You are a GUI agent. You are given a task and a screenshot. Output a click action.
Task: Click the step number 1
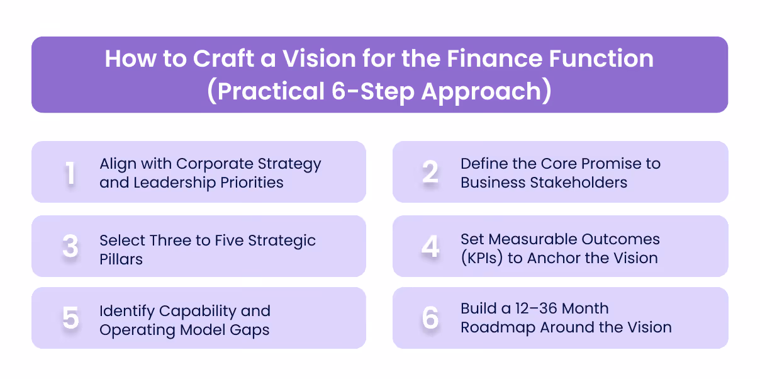click(70, 173)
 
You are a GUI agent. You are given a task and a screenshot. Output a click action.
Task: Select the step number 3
click(70, 247)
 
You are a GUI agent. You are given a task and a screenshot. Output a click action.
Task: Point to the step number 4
click(430, 247)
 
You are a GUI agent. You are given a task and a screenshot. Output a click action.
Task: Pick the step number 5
click(70, 318)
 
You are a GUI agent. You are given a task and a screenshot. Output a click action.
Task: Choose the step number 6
click(430, 318)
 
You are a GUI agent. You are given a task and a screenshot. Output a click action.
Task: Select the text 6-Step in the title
click(371, 91)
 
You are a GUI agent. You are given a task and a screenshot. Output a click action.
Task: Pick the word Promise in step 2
click(605, 164)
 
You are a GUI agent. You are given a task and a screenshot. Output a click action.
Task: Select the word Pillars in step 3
click(121, 259)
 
